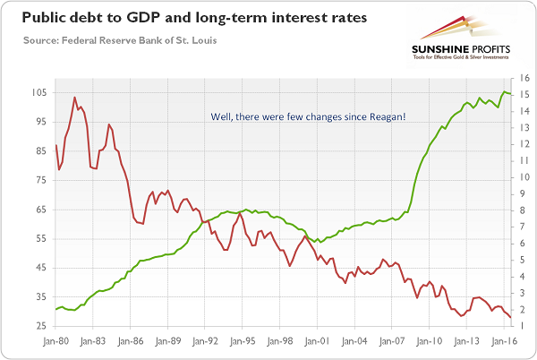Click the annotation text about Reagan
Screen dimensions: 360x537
tap(308, 116)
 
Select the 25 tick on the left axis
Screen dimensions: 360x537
tap(39, 325)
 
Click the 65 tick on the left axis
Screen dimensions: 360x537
tap(39, 210)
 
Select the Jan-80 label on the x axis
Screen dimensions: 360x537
tap(55, 341)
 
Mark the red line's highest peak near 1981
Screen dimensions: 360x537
tap(75, 97)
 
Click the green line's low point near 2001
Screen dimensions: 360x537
tap(320, 242)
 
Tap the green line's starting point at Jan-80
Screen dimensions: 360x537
tap(55, 309)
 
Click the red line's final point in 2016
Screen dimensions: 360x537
tap(511, 318)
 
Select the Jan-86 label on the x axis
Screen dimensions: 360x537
tap(130, 341)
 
